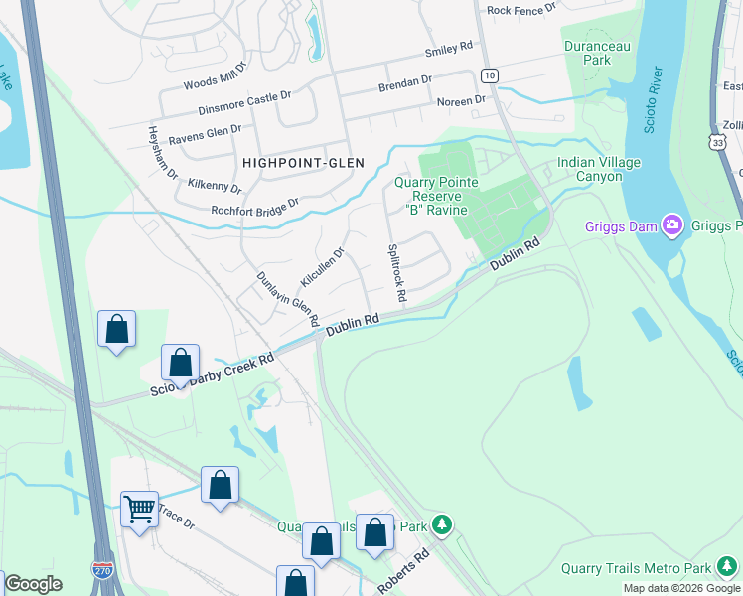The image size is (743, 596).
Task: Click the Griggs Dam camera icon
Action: click(672, 225)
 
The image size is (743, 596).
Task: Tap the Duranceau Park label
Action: click(600, 53)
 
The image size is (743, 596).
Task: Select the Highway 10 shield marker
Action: click(489, 75)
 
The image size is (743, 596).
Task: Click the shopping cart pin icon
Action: click(139, 510)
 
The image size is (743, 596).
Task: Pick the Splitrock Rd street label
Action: click(396, 273)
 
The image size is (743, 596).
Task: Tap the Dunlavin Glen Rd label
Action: click(287, 299)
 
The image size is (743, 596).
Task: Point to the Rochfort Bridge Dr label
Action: click(255, 208)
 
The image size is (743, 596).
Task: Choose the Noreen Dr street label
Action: click(461, 100)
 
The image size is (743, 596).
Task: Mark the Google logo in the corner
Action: click(32, 584)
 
